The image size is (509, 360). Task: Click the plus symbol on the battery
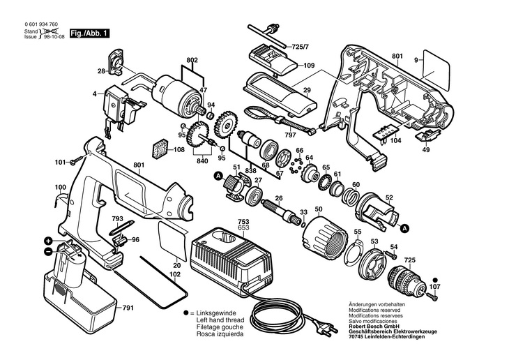click(x=47, y=239)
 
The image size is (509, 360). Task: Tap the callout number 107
click(x=434, y=286)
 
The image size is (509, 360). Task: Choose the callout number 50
click(x=318, y=209)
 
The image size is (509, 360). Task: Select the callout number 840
click(x=204, y=160)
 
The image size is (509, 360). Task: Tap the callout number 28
click(x=101, y=70)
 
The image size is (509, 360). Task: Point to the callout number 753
click(x=225, y=220)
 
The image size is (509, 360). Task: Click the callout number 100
click(x=60, y=187)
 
